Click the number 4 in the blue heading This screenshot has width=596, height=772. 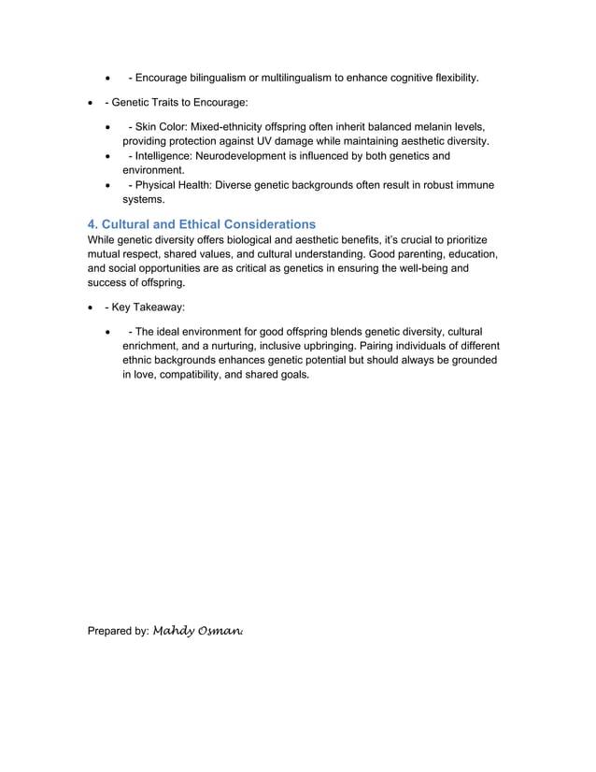pyautogui.click(x=92, y=224)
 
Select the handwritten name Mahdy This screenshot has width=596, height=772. pyautogui.click(x=174, y=631)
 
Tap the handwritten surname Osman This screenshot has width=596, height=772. pyautogui.click(x=221, y=631)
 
